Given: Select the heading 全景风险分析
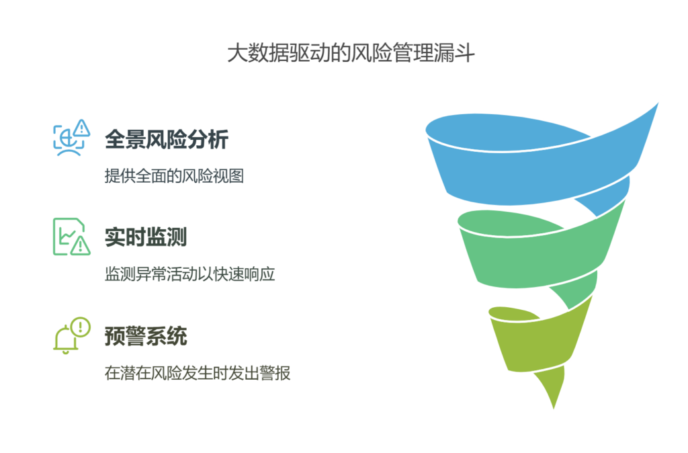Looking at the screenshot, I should pyautogui.click(x=167, y=140).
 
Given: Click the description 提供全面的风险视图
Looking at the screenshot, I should pyautogui.click(x=174, y=177).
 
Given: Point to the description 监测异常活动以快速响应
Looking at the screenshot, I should pyautogui.click(x=190, y=274).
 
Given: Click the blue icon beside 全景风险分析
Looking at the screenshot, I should pyautogui.click(x=71, y=138).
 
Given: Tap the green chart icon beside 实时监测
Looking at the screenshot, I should pyautogui.click(x=71, y=236).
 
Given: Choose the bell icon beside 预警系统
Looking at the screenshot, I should pyautogui.click(x=70, y=335).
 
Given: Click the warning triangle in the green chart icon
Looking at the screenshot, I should pyautogui.click(x=81, y=245).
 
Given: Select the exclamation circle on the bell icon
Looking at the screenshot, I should pyautogui.click(x=80, y=327).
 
